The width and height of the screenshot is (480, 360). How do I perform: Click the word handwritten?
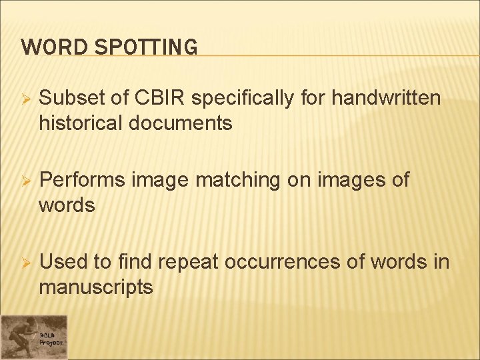386,98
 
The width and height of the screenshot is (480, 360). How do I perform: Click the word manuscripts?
96,289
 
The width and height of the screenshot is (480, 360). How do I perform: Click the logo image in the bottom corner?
33,337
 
